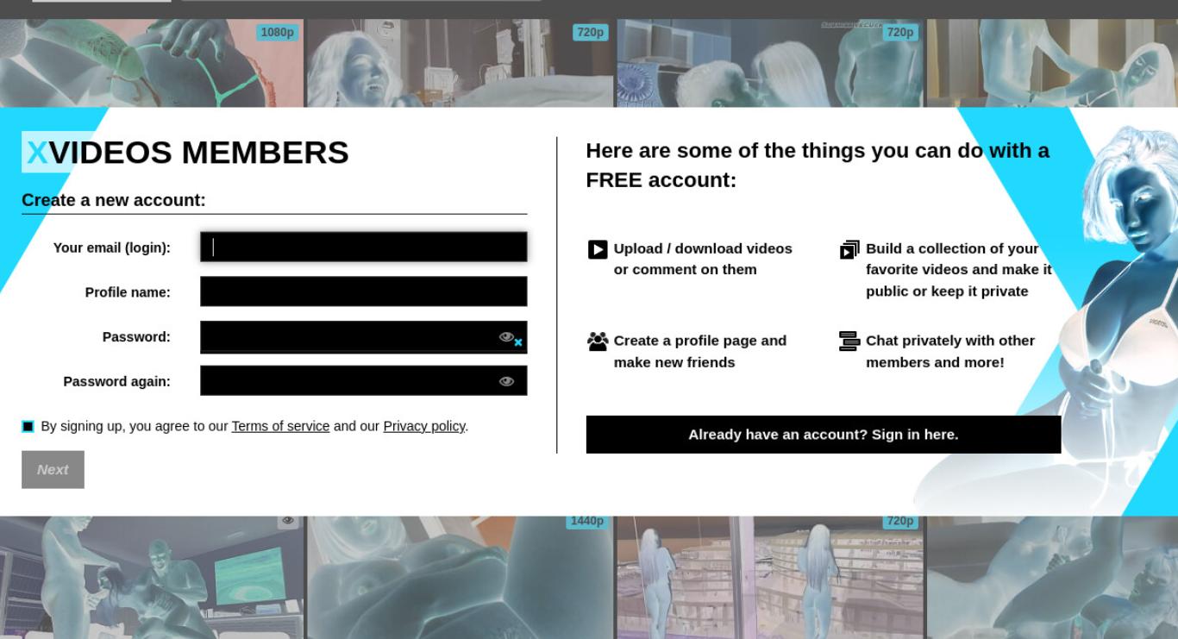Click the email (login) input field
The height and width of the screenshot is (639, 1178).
pos(363,247)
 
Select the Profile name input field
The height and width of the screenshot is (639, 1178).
pos(363,291)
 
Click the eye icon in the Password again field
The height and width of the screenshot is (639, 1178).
pos(506,381)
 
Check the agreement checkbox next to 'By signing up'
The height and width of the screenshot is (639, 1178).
pos(28,426)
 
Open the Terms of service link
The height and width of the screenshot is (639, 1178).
pos(280,426)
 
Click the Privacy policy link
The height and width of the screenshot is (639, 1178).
pos(424,426)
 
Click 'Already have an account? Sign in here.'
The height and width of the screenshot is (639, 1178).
pos(823,435)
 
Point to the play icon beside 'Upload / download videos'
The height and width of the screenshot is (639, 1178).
pos(598,250)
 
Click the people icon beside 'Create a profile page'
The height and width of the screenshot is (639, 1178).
pos(598,341)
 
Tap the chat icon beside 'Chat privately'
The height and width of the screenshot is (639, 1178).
pos(849,341)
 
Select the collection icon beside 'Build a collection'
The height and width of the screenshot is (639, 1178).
pos(849,250)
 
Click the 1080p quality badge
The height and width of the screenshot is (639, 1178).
pos(277,33)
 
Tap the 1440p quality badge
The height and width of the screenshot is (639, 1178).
pos(587,521)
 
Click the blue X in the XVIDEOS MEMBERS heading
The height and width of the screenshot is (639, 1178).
pos(37,153)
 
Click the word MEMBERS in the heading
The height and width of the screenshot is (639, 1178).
pos(265,153)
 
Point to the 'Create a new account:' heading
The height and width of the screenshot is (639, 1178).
pos(114,200)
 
